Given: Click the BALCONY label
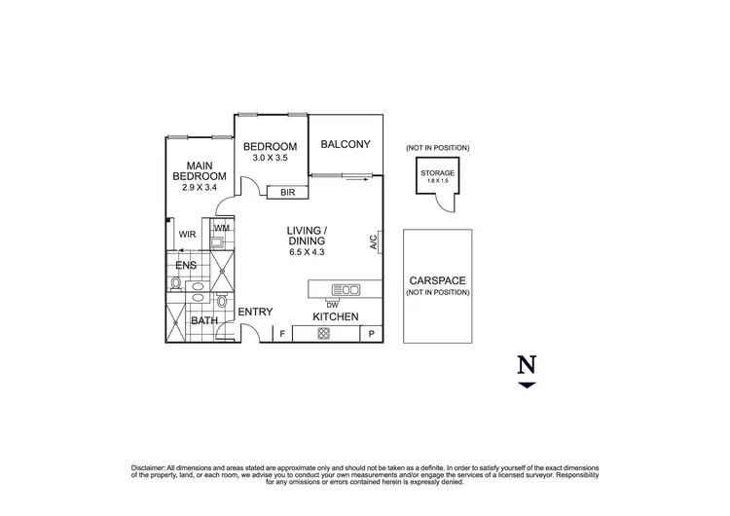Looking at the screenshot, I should tap(346, 145).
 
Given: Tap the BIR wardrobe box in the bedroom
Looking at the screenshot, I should tap(288, 193).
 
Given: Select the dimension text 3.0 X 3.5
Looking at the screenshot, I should tap(270, 160).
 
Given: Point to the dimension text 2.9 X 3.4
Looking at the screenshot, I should tap(200, 187).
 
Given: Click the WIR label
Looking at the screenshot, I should tap(187, 234).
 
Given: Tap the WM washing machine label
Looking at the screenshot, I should tap(221, 229).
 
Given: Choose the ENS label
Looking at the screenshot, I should tap(186, 265).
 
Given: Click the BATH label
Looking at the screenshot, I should tap(203, 320).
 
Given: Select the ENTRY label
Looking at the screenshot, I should tap(255, 312).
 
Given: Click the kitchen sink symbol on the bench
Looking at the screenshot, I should tap(346, 289).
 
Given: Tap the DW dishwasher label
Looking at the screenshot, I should tap(332, 304).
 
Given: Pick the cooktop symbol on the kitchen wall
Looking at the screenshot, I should tap(323, 334).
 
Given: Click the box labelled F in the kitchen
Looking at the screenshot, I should tap(282, 334).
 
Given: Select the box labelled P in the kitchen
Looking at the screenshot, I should tap(371, 334).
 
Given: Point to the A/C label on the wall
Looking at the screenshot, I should tap(374, 242).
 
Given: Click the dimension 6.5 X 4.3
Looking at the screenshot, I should tap(307, 252).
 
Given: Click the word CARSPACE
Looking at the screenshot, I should tap(437, 280).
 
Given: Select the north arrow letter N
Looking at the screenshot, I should tap(527, 365).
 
